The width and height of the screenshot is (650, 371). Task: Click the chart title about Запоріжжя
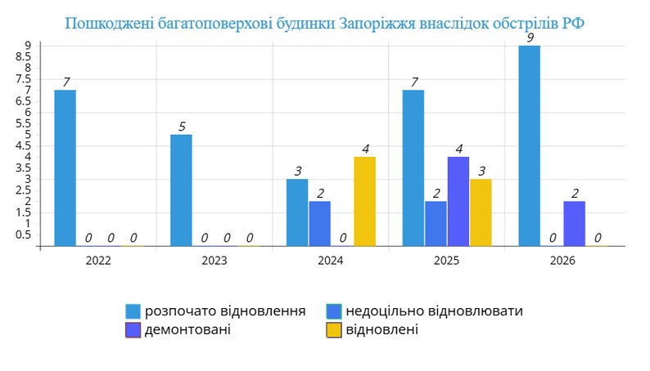pos(325,23)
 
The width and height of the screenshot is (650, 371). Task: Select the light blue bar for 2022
pos(65,168)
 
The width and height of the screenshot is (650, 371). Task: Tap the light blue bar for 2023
pos(181,190)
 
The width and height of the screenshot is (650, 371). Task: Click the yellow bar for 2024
pos(364,201)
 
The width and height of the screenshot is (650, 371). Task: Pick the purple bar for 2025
pos(458,201)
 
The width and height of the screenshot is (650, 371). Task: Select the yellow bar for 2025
pos(481,212)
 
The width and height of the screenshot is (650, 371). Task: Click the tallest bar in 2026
pos(529,145)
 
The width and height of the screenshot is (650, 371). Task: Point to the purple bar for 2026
pos(575,223)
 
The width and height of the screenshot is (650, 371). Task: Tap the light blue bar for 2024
pos(297,212)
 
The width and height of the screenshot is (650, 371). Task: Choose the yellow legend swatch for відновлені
pos(333,330)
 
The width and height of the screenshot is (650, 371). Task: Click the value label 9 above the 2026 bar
pos(530,38)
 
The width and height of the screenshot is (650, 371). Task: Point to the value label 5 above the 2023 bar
pos(182,127)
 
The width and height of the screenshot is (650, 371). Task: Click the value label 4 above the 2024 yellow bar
pos(365,149)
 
